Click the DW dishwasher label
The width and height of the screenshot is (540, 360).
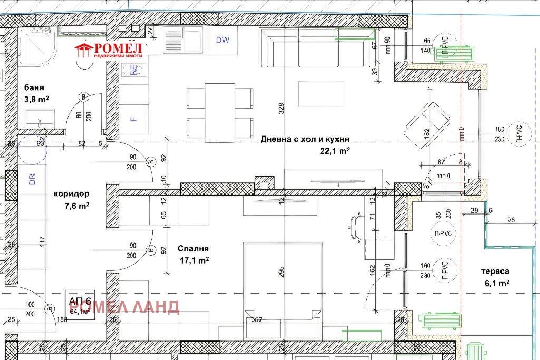pyautogui.click(x=223, y=40)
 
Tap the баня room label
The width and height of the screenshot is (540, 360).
pyautogui.click(x=34, y=87)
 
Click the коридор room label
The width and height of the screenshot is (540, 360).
pyautogui.click(x=71, y=193)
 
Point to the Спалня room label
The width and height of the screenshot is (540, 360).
pyautogui.click(x=193, y=248)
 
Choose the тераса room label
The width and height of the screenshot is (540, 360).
pyautogui.click(x=495, y=271)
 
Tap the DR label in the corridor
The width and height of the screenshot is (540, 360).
pyautogui.click(x=32, y=180)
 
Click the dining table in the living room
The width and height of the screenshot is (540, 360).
pyautogui.click(x=220, y=112)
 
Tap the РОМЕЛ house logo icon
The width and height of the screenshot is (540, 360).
pyautogui.click(x=83, y=51)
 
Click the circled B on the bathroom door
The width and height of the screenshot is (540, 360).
pyautogui.click(x=83, y=96)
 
